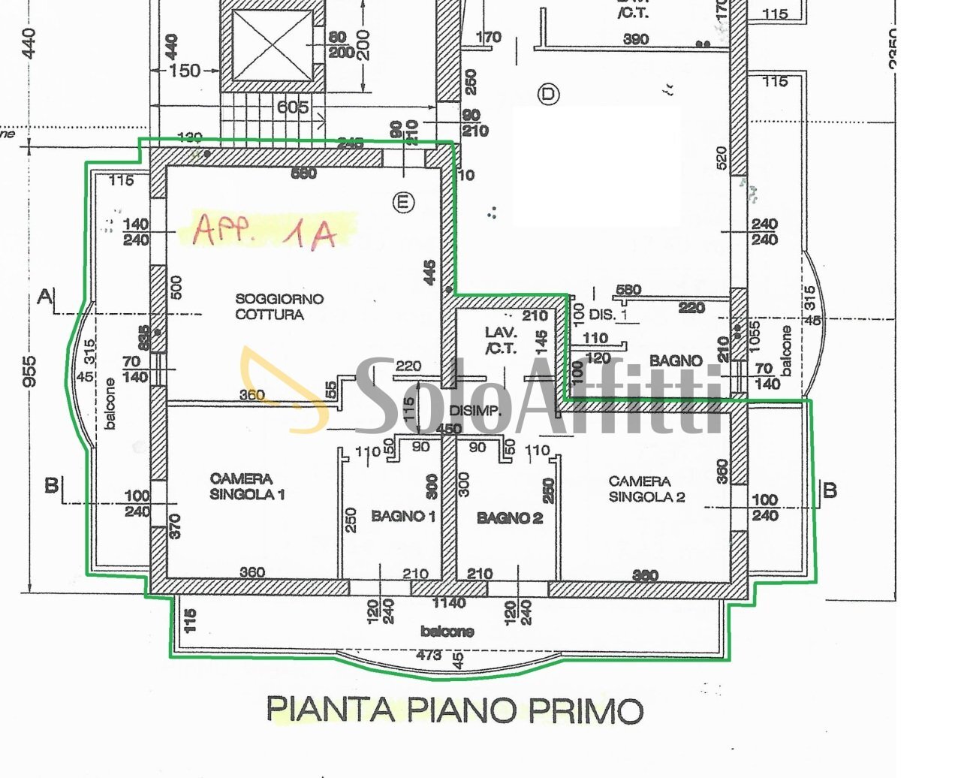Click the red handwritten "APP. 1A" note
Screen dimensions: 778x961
[x=265, y=231]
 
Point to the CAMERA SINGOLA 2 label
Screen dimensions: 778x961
[x=646, y=488]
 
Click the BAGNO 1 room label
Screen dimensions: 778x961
[x=403, y=516]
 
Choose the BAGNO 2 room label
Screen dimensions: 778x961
[x=510, y=517]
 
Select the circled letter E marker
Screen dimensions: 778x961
[x=404, y=202]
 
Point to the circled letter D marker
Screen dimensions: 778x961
[x=549, y=94]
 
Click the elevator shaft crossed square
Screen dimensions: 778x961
[x=273, y=46]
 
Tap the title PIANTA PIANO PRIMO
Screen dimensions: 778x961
[x=455, y=710]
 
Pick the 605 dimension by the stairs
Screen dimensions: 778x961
[x=292, y=107]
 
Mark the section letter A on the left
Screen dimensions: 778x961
[x=44, y=297]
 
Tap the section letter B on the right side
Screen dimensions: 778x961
[x=830, y=490]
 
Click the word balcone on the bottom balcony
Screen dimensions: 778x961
[x=447, y=632]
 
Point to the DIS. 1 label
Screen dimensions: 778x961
[x=608, y=315]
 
